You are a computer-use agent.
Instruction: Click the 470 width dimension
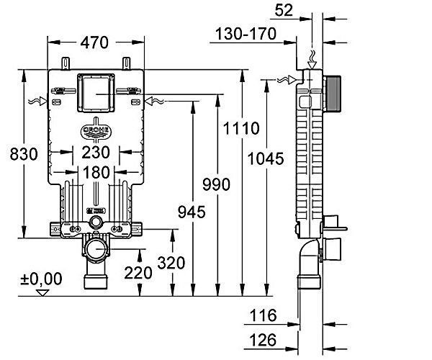[x=95, y=43]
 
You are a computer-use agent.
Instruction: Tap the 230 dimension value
[x=95, y=153]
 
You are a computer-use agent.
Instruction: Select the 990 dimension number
[x=215, y=184]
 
